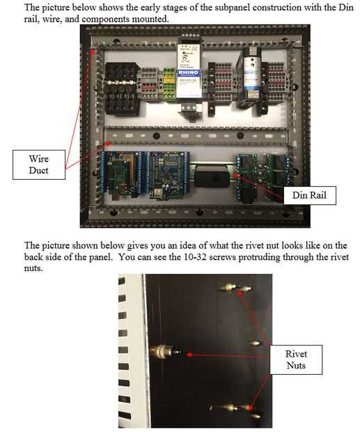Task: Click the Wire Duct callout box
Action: click(39, 164)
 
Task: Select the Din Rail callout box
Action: click(310, 195)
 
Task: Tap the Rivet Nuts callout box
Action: click(296, 360)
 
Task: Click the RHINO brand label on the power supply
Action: click(188, 72)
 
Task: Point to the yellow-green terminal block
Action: click(169, 84)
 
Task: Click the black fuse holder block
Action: click(121, 88)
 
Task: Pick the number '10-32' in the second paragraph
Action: click(195, 257)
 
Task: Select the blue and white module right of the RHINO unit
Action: click(252, 73)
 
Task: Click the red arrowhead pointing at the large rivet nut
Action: click(189, 355)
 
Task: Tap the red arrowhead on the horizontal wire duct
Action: click(109, 144)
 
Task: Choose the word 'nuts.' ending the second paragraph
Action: click(33, 268)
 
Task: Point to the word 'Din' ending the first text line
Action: click(346, 7)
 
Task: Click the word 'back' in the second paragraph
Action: click(33, 257)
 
